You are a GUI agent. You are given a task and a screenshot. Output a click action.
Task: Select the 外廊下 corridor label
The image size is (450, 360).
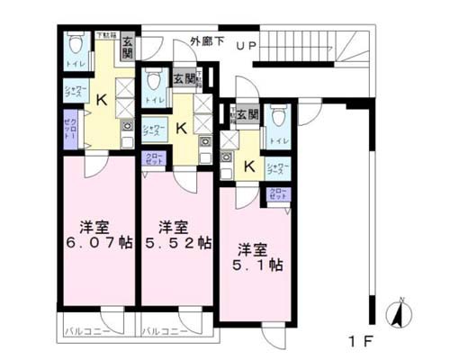pyautogui.click(x=208, y=41)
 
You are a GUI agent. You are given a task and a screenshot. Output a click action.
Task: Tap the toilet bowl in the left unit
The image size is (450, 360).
pyautogui.click(x=74, y=44)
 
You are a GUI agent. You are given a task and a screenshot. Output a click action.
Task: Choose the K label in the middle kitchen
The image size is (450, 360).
pyautogui.click(x=182, y=129)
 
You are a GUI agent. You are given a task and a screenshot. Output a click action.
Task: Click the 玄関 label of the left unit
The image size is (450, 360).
pyautogui.click(x=128, y=44)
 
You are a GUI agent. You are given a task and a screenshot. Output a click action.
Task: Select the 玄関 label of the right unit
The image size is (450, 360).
pyautogui.click(x=247, y=114)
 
